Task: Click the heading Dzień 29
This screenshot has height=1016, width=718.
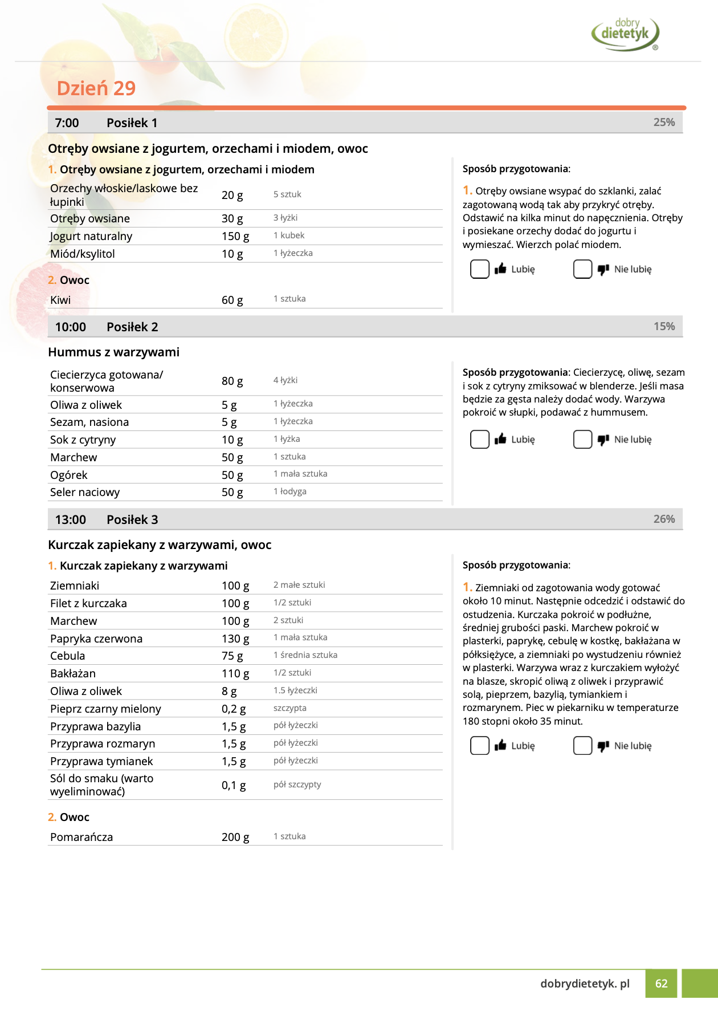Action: coord(96,88)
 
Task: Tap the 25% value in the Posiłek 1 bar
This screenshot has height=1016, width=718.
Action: coord(664,122)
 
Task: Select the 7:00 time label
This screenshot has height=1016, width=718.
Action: coord(67,123)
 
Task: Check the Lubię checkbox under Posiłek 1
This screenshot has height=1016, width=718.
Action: coord(480,269)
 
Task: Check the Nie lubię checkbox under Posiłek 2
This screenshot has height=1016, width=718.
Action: coord(582,440)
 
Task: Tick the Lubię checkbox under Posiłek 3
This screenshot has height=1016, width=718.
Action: coord(480,746)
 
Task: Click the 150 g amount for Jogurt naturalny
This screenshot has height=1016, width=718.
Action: coord(235,236)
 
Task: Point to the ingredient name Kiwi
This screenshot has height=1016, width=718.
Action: coord(60,300)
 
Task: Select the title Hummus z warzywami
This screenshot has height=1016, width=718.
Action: coord(113,352)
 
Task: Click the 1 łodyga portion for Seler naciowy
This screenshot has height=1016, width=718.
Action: coord(290,491)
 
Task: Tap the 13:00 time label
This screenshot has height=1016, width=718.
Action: coord(70,519)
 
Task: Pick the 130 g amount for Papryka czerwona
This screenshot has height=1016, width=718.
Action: coord(235,639)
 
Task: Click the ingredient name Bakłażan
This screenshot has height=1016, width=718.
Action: coord(73,673)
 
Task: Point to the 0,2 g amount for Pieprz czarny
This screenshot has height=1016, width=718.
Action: coord(234,709)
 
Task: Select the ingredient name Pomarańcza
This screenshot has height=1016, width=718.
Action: coord(81,837)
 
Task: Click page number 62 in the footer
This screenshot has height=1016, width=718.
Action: coord(661,984)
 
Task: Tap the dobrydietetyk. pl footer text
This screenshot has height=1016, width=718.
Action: coord(585,984)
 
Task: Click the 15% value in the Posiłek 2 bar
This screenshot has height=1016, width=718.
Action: coord(664,326)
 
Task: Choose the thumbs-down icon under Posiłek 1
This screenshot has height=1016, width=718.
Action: coord(603,270)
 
